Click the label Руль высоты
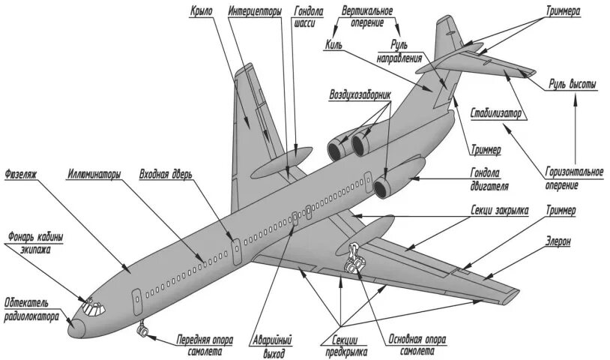point(573,85)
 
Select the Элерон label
point(558,242)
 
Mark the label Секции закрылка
point(499,212)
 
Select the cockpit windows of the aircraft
point(91,305)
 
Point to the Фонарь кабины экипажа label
point(34,244)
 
